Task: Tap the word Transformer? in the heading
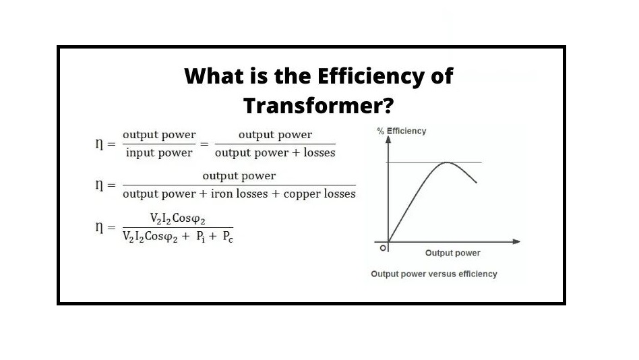318,105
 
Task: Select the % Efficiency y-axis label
402,131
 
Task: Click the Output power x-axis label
452,253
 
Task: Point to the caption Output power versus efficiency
433,274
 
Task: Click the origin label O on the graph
382,248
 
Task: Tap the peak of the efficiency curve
447,162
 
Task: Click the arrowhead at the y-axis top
388,139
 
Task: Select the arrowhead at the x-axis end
516,242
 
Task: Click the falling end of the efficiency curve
477,183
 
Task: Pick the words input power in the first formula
159,153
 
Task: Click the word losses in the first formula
319,152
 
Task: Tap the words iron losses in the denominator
239,193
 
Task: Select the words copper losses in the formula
319,194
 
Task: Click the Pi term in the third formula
200,237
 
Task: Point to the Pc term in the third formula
228,237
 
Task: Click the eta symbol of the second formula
99,185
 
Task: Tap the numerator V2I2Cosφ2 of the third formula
177,219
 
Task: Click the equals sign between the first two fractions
204,144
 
